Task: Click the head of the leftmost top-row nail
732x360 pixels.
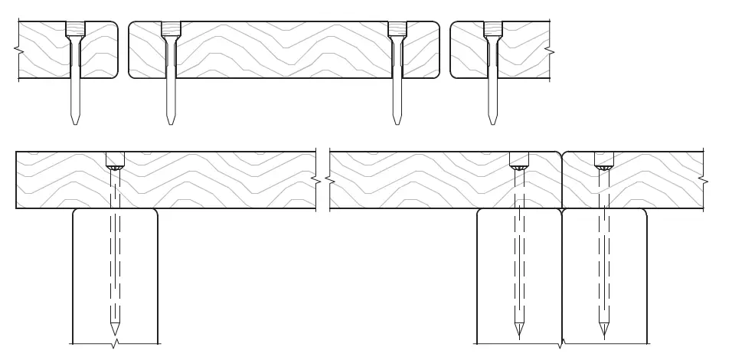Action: point(75,29)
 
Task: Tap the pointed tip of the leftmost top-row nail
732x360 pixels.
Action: point(75,123)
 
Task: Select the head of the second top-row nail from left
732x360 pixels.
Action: point(170,29)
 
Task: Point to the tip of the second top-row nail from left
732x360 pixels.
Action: point(170,123)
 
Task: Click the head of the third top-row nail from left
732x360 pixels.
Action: point(397,29)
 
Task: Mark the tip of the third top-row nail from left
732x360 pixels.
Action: point(397,123)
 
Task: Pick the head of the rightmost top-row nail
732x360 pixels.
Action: point(492,29)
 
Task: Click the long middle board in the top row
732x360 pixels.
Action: point(283,50)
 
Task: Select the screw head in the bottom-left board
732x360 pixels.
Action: point(115,161)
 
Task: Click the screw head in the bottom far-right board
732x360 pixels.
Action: point(604,161)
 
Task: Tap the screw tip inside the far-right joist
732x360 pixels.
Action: point(604,334)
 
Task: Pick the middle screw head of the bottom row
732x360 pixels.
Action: point(519,161)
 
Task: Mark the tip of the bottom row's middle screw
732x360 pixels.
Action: point(519,334)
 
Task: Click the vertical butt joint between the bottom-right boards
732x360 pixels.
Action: point(562,180)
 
